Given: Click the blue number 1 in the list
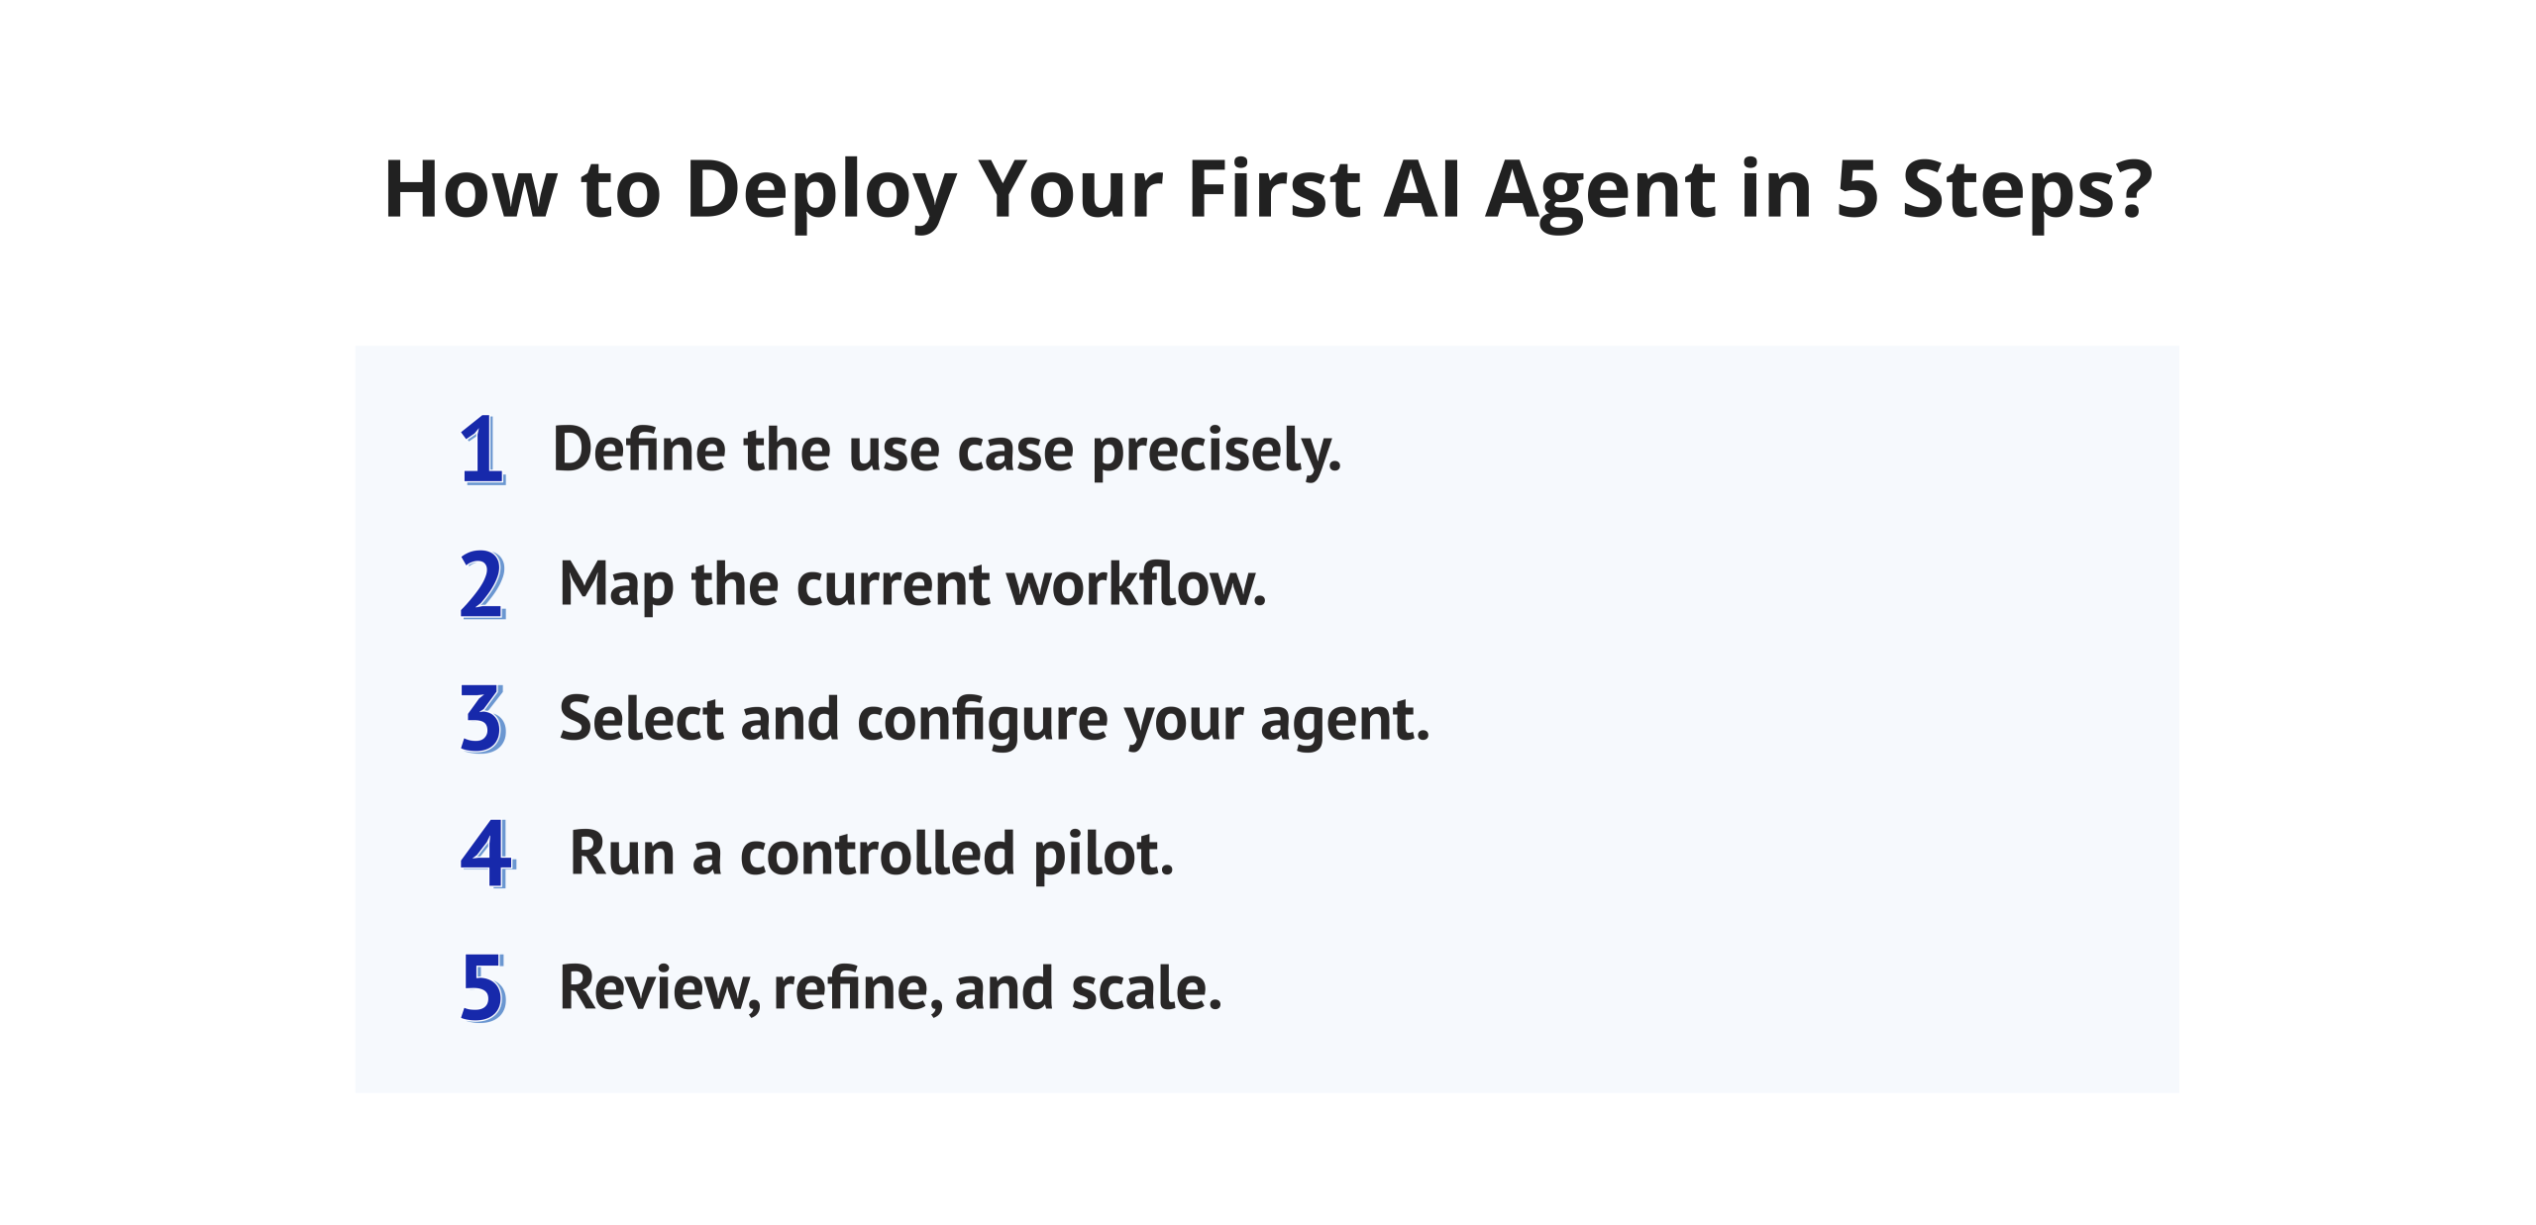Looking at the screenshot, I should tap(482, 450).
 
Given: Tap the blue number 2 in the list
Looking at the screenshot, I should tap(482, 584).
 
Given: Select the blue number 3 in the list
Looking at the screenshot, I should tap(482, 719).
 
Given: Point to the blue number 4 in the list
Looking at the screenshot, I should tap(486, 854).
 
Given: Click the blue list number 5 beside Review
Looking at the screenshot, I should tap(482, 987).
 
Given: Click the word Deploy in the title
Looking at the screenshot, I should tap(820, 190).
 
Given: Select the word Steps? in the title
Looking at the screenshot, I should tap(2027, 190).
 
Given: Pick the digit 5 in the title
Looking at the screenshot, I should tap(1857, 190).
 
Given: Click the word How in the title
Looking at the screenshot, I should tap(471, 190).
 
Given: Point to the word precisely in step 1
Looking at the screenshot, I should tap(1216, 452).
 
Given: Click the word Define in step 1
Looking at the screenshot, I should tap(640, 450).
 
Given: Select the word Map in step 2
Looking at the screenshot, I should tap(616, 586).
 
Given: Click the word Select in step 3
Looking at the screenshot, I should tap(641, 719).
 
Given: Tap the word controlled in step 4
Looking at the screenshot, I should tap(878, 854).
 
